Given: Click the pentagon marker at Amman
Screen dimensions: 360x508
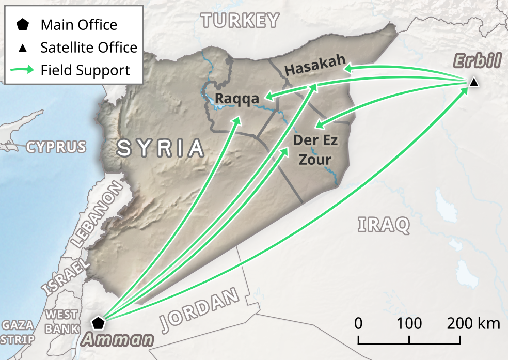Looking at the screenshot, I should [98, 324].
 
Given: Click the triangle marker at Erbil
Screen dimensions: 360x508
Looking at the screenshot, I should [474, 82].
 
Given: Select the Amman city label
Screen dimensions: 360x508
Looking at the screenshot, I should [118, 340].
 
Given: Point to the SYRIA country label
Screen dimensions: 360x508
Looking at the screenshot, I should [161, 148].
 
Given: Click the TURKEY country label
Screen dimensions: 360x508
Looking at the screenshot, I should [241, 21].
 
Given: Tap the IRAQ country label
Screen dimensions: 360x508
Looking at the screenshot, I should [384, 224].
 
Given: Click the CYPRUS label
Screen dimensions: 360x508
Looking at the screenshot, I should [56, 147].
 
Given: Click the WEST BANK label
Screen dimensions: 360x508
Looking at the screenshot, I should [62, 321].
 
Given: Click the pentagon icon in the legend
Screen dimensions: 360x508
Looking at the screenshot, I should [23, 24].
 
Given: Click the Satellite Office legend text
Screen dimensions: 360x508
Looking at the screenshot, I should [89, 48].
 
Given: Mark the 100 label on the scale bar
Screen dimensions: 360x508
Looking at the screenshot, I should [409, 324].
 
